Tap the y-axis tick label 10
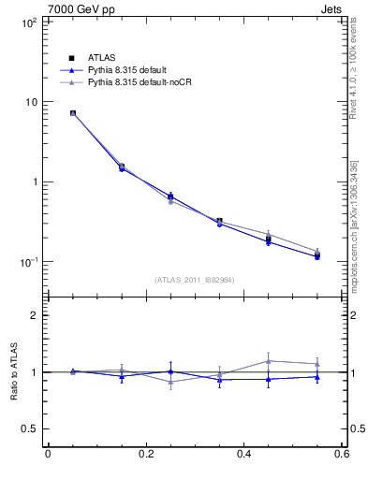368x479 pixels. [x=31, y=102]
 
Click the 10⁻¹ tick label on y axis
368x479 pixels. [x=29, y=262]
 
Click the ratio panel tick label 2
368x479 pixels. [x=34, y=315]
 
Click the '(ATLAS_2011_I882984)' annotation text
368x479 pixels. [x=194, y=280]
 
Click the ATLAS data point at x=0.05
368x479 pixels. [x=72, y=113]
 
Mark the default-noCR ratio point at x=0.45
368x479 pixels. [x=269, y=360]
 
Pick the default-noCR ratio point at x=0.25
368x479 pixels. [x=170, y=383]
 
